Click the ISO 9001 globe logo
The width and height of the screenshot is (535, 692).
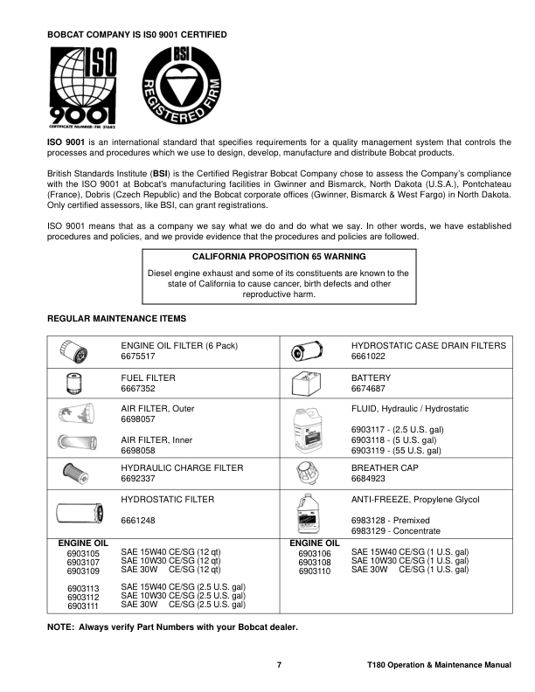(x=81, y=85)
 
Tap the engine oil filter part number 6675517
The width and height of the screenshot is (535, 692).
(x=137, y=357)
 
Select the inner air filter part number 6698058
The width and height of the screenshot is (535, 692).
(x=137, y=451)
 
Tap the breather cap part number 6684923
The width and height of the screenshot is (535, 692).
(x=369, y=479)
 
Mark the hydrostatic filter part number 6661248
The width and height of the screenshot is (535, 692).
(x=137, y=521)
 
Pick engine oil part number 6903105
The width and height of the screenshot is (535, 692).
(x=83, y=554)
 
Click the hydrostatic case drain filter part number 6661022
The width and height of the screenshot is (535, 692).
(x=369, y=357)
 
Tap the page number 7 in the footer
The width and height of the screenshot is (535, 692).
(x=279, y=665)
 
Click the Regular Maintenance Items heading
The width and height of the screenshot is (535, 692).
(x=115, y=318)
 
